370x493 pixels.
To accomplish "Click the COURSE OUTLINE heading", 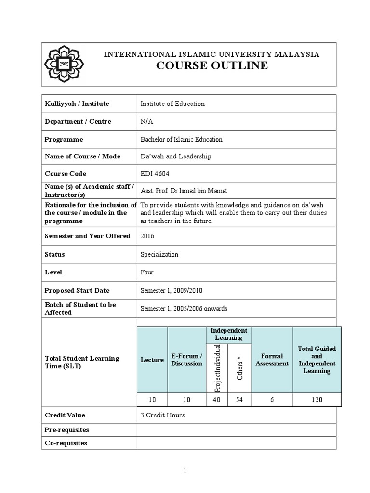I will [x=212, y=66].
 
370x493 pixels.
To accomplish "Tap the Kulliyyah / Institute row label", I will [x=77, y=104].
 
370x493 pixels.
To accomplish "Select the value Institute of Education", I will [x=172, y=104].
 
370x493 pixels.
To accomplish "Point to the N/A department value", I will [x=146, y=121].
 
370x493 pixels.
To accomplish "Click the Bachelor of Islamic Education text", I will [x=181, y=139].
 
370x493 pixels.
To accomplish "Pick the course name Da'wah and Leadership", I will [x=175, y=156].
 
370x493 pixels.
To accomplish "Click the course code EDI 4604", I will [x=155, y=174].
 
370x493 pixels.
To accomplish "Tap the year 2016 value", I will [x=147, y=236].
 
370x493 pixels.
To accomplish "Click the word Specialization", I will [x=159, y=254].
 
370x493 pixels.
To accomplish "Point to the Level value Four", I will [x=147, y=272].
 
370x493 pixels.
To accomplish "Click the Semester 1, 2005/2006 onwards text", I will [x=184, y=309].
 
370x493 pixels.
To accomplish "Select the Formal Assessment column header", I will [x=272, y=360].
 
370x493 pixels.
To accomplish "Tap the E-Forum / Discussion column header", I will [x=186, y=360].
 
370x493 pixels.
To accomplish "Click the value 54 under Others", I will [x=240, y=400].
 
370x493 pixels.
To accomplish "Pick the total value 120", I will [x=317, y=400].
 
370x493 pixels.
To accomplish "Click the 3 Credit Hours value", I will [x=162, y=415].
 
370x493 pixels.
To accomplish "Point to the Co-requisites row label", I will [x=66, y=443].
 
